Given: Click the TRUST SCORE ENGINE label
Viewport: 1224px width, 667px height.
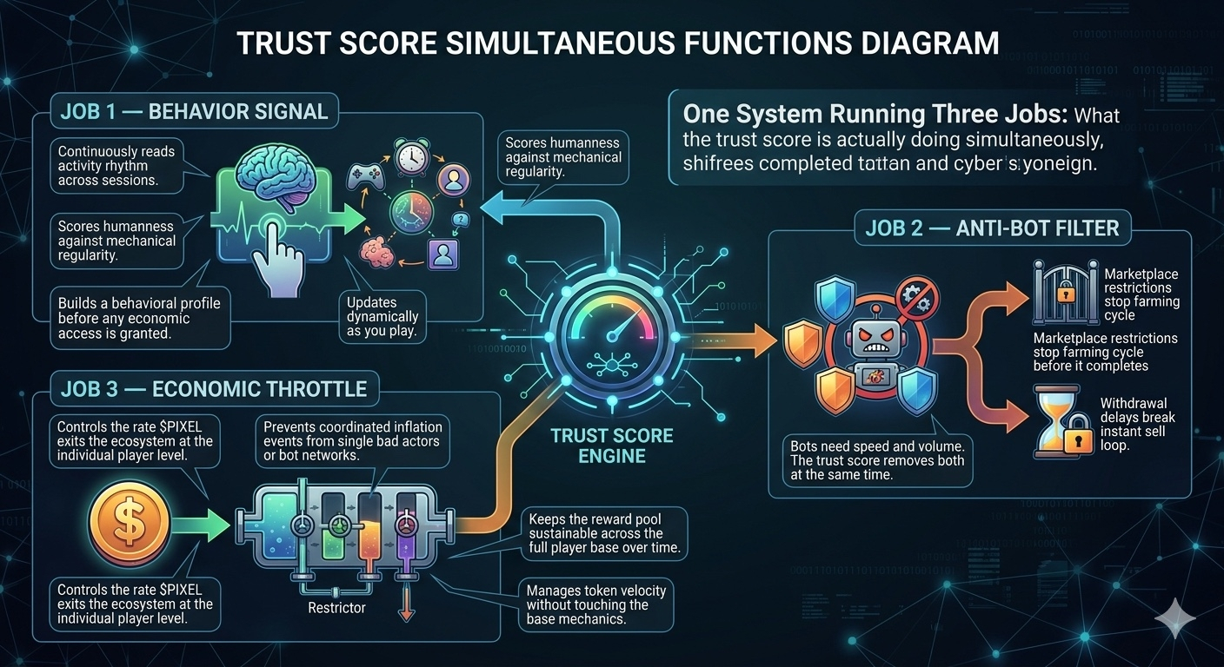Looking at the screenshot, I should pos(612,444).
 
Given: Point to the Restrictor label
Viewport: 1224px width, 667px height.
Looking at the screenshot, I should pos(336,608).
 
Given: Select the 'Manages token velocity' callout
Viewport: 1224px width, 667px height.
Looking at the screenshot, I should pos(595,604).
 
